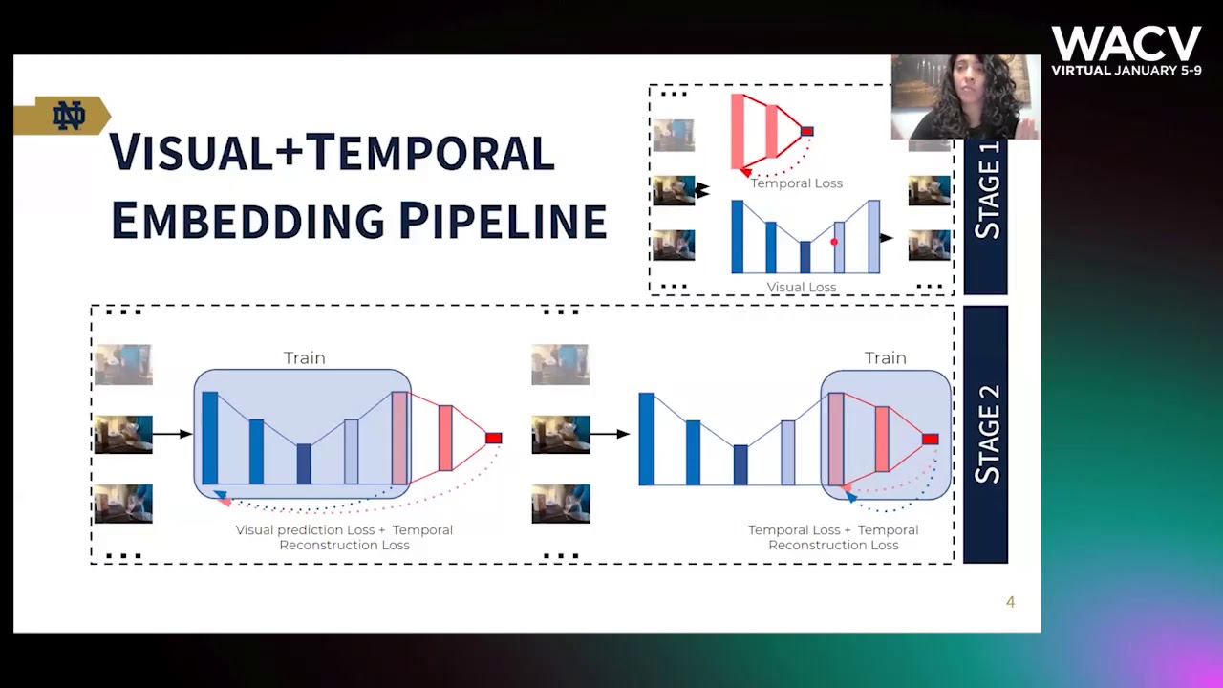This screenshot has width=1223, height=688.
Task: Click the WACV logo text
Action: pos(1126,44)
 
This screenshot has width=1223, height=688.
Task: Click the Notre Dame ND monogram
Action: pos(68,116)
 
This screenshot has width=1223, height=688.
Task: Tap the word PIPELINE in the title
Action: pos(502,221)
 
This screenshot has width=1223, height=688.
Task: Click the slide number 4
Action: pos(1010,602)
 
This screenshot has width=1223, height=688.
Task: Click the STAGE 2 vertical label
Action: pos(986,435)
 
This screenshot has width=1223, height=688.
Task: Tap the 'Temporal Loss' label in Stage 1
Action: pos(796,183)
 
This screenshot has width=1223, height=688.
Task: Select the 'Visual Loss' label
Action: pos(801,287)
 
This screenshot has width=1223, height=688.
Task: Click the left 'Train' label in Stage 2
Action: pos(304,358)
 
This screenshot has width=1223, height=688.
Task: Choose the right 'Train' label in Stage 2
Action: pos(885,358)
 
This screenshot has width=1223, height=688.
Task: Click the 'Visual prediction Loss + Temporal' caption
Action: pos(344,530)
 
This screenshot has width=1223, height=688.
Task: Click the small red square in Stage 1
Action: pos(806,131)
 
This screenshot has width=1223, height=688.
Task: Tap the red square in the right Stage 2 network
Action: pos(930,439)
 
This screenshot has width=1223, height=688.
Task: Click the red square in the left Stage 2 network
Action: pos(493,438)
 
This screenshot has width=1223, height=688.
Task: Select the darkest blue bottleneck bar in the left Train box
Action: pos(303,463)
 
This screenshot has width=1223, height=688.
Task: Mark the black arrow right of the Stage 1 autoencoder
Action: pos(886,238)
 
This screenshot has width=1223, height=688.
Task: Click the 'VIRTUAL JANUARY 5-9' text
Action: pos(1126,71)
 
